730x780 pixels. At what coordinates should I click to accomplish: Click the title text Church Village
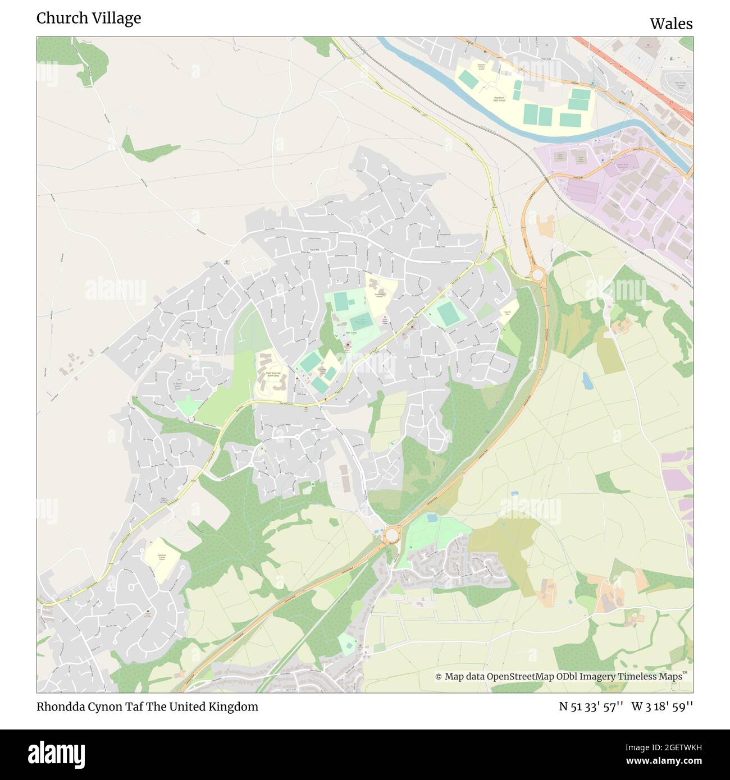pos(89,19)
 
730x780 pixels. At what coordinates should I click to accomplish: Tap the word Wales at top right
pos(671,24)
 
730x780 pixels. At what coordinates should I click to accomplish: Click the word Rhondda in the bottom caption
pos(61,706)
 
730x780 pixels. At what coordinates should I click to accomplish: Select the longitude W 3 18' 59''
pos(662,706)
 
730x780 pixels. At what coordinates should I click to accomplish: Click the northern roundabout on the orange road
pos(537,275)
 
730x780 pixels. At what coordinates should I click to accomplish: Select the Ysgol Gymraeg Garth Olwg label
pos(271,365)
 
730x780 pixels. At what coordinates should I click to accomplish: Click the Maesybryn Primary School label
pos(161,557)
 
